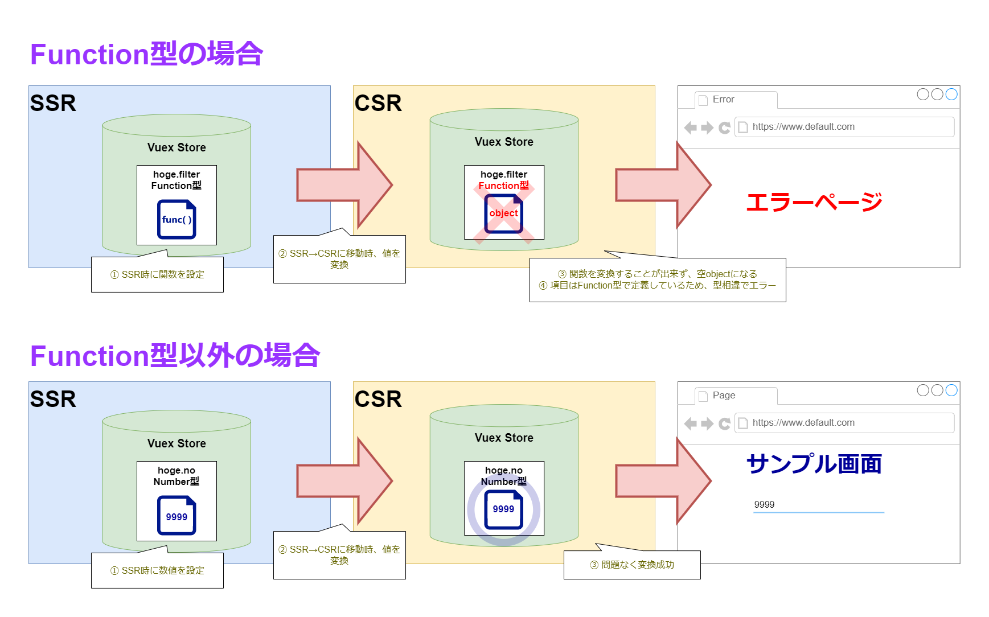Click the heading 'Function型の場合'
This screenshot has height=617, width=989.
(x=146, y=55)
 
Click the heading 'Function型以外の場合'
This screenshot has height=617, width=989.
(x=175, y=356)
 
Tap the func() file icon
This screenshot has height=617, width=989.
(x=177, y=219)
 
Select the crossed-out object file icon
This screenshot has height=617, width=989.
(x=503, y=213)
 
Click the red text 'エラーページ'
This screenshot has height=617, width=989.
(x=814, y=202)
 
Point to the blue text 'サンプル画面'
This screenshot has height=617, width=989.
(x=814, y=464)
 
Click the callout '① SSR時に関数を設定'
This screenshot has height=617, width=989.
(x=157, y=274)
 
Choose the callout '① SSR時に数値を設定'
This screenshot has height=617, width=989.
(x=157, y=570)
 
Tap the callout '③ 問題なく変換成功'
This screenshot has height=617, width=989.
(x=632, y=565)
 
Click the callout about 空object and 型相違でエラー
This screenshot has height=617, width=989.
(x=658, y=279)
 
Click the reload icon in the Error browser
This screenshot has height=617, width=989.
(x=724, y=127)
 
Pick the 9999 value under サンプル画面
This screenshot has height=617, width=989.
(x=764, y=505)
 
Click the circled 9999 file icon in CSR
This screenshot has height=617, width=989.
(x=503, y=509)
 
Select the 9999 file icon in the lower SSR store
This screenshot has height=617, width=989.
(x=177, y=516)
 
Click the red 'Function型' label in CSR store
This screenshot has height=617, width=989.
(x=503, y=186)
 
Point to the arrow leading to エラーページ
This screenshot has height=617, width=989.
(x=663, y=186)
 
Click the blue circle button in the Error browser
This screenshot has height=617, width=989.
(x=951, y=94)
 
